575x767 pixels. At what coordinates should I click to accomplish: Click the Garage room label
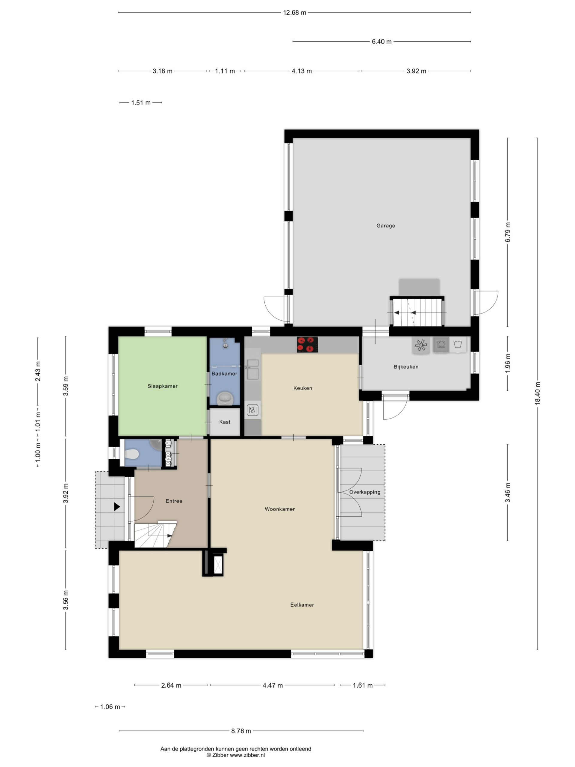point(385,226)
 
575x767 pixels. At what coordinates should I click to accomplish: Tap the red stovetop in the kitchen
point(307,344)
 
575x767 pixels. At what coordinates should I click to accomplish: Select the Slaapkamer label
point(163,386)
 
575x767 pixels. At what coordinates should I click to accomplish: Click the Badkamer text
point(224,373)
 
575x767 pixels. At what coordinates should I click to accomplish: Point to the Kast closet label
point(225,422)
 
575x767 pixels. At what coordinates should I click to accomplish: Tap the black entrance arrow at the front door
point(117,507)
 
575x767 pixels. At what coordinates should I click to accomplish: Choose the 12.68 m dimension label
point(295,13)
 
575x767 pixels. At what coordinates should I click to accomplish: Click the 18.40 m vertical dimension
point(537,393)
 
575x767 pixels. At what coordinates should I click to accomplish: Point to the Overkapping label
point(365,492)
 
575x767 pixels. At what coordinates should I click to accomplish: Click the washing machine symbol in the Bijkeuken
point(458,345)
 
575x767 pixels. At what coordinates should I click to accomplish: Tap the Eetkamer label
point(302,605)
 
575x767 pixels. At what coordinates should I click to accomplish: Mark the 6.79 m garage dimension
point(507,232)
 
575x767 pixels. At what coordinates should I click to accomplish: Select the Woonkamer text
point(280,509)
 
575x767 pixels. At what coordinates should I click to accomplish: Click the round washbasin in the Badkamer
point(225,399)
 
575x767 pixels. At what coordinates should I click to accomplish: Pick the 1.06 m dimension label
point(110,707)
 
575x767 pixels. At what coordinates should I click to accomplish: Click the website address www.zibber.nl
point(247,755)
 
